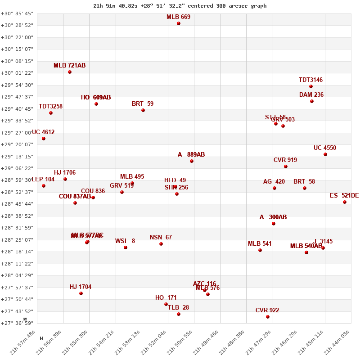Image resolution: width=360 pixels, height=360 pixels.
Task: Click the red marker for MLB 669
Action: tap(179, 23)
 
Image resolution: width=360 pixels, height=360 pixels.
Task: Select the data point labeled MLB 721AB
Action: tap(70, 72)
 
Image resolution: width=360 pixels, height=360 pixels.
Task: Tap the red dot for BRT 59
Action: tap(143, 110)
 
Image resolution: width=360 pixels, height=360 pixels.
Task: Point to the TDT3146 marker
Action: tap(311, 86)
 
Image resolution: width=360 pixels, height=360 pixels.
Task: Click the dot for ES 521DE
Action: tap(345, 202)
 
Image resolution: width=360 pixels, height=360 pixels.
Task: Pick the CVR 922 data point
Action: tap(268, 317)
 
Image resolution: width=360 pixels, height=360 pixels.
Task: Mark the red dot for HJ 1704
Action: tap(81, 293)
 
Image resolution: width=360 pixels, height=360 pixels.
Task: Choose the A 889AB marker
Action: tap(192, 161)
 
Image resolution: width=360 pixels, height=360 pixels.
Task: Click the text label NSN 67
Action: tap(161, 238)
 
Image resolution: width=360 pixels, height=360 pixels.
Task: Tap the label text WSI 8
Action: tap(125, 241)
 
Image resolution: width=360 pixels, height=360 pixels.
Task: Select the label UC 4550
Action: tap(325, 148)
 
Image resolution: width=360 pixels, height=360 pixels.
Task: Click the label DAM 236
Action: tap(311, 95)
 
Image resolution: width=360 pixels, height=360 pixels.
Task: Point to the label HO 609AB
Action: tap(96, 98)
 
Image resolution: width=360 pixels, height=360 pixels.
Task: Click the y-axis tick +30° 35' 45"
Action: tap(17, 13)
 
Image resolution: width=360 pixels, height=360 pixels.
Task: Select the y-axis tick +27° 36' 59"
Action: tap(17, 323)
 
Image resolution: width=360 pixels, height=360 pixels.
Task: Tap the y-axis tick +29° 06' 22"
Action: tap(17, 168)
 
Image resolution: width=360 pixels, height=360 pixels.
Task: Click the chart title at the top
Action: tap(180, 6)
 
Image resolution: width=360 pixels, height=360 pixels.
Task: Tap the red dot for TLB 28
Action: tap(179, 314)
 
